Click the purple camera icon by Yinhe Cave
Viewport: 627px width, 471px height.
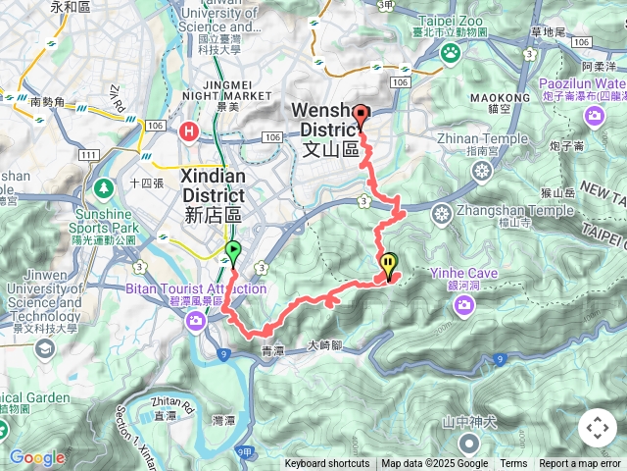(463, 305)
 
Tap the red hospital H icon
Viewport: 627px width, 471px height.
(188, 129)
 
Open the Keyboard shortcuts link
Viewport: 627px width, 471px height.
(327, 464)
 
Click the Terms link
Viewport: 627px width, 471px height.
(513, 464)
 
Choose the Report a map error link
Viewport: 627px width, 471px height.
(580, 464)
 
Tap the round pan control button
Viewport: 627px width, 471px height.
(597, 428)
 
